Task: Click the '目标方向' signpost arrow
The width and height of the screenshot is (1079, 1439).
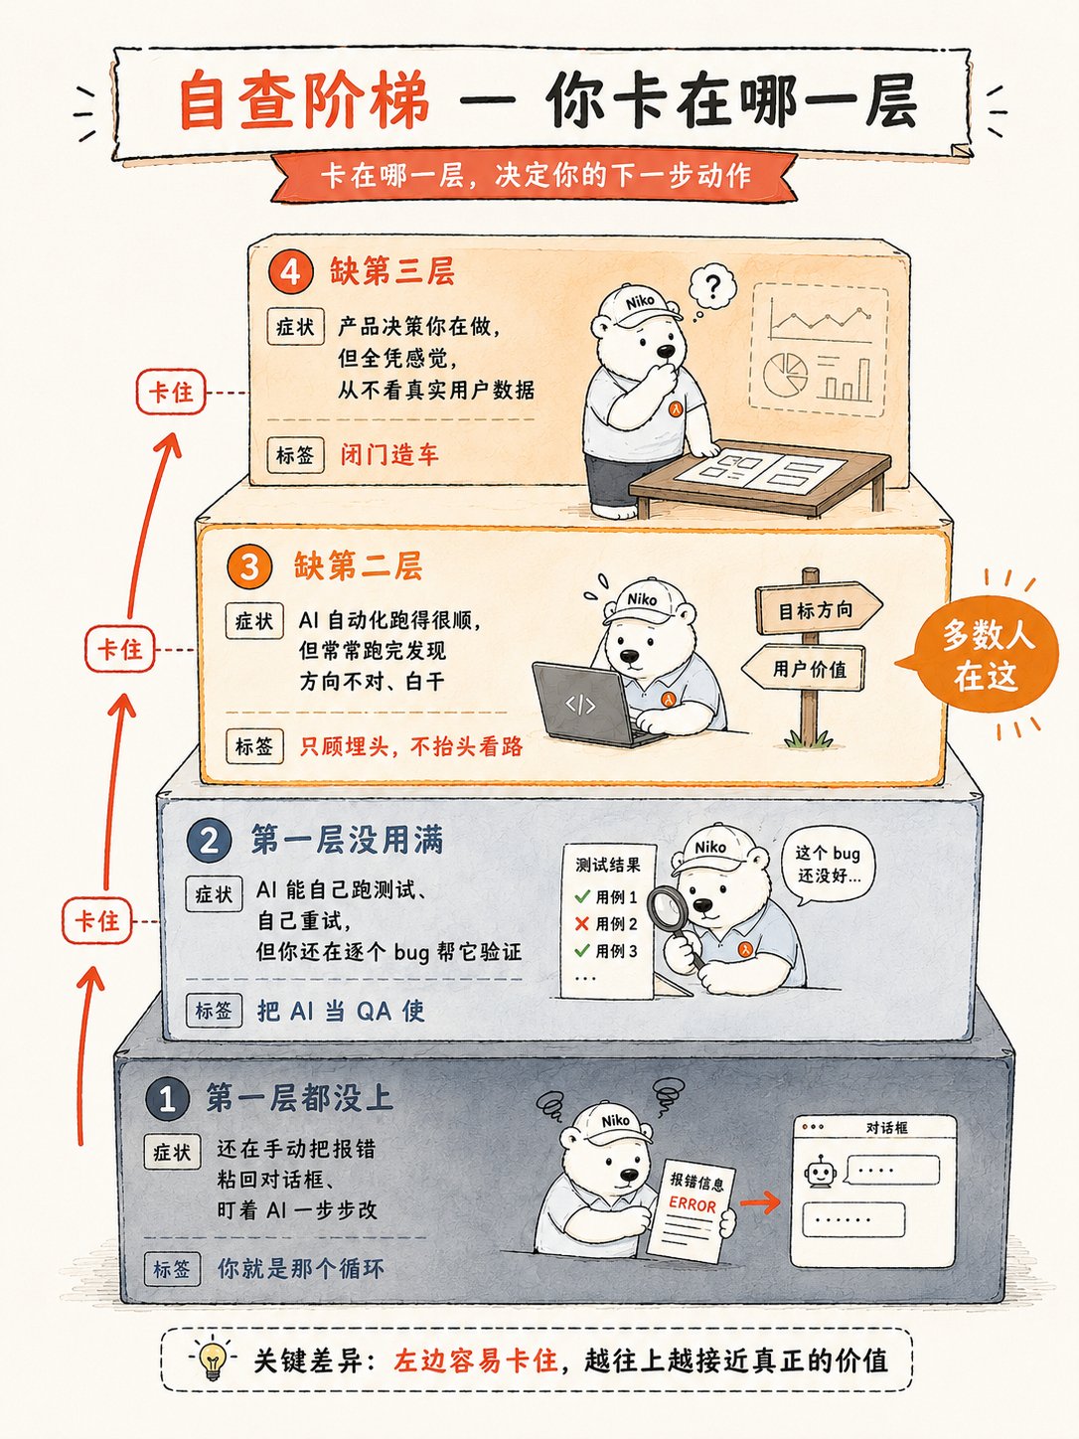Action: point(819,610)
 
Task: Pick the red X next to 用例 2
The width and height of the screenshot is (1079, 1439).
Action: point(581,923)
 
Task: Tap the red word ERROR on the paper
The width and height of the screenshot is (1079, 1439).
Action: point(693,1204)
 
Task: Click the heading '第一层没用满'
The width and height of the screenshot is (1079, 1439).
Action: point(347,841)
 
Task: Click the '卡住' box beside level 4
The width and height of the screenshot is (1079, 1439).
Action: point(171,392)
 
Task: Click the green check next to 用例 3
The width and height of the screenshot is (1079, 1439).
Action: point(582,950)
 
